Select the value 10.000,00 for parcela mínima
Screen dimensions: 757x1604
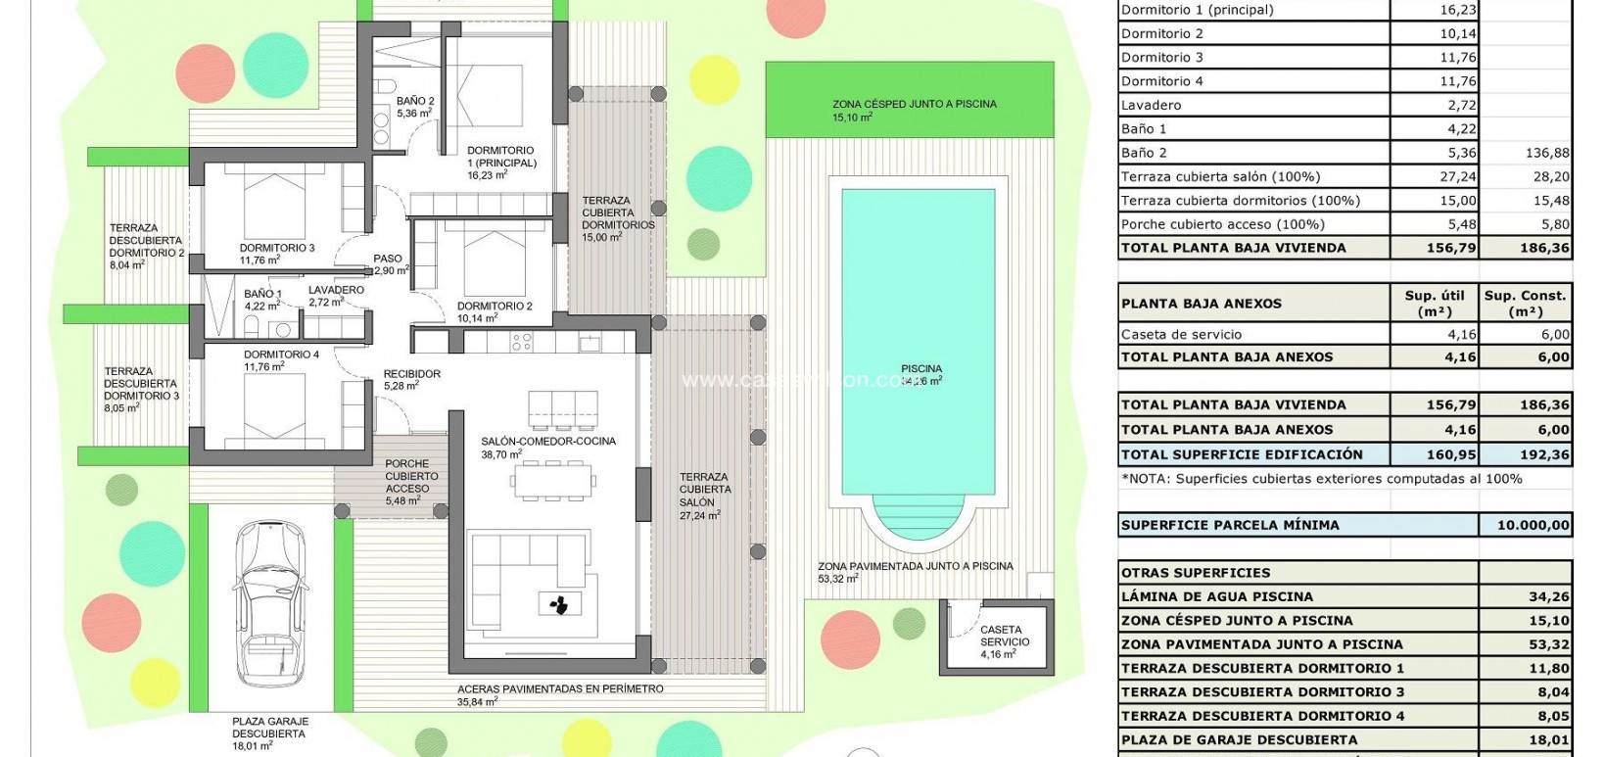[x=1533, y=525]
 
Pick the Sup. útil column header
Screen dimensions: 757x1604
[x=1435, y=303]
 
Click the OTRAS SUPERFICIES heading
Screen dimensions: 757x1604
[x=1195, y=573]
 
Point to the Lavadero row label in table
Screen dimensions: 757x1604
[x=1152, y=105]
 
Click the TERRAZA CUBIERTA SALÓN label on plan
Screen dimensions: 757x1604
[x=704, y=490]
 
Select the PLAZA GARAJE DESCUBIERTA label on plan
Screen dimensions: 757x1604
[x=268, y=733]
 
